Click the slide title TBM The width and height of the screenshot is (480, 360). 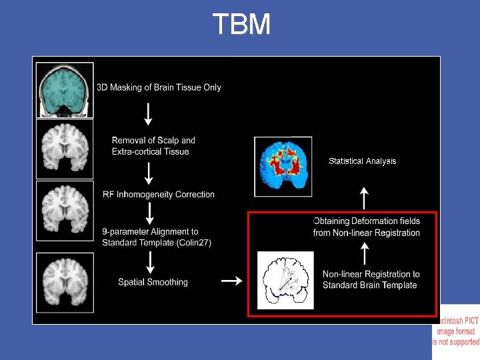point(241,25)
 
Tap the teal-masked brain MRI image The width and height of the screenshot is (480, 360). point(65,89)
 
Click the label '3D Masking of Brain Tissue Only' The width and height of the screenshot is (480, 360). point(159,87)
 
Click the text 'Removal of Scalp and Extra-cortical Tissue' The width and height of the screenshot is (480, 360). point(153,146)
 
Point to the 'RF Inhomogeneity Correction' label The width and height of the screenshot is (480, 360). point(159,195)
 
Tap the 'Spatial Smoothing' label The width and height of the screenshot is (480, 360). point(153,282)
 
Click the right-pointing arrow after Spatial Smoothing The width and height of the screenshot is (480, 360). point(231,281)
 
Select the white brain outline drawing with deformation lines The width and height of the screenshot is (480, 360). point(285,280)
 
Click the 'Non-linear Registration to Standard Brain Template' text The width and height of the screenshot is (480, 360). point(371,279)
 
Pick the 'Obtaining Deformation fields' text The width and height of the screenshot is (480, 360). point(367,221)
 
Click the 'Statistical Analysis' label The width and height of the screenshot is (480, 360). point(362,161)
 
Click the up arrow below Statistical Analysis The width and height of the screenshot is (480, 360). point(364,197)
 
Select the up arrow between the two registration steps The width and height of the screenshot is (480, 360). point(364,253)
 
